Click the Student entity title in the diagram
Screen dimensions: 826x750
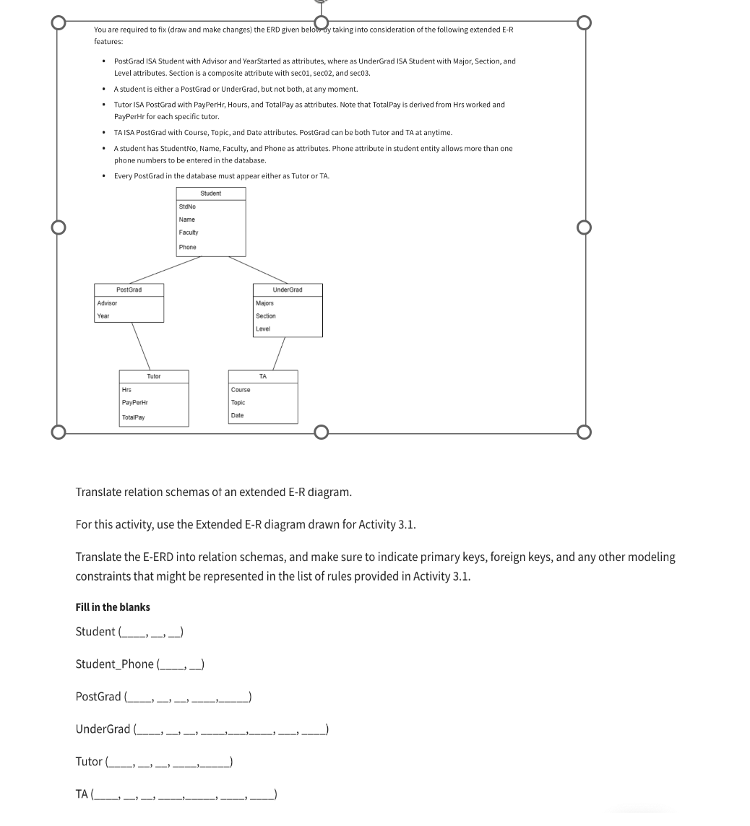tap(210, 194)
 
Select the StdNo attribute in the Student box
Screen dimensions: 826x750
tap(187, 207)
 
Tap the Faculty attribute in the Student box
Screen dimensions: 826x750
tap(188, 232)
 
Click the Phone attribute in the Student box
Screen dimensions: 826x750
tap(187, 247)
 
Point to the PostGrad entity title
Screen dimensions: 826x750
tap(129, 290)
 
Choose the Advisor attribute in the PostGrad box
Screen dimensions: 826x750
tap(107, 303)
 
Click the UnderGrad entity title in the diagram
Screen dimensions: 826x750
tap(288, 290)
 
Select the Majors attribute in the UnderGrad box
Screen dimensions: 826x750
tap(264, 303)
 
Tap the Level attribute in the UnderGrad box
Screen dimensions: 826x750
tap(263, 329)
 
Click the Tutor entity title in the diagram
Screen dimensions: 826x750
tap(154, 376)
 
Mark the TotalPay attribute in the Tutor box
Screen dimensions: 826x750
tap(133, 417)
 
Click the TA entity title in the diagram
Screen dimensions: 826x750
tap(263, 376)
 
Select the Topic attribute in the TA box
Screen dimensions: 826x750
tap(238, 402)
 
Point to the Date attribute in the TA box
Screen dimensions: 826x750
tap(237, 415)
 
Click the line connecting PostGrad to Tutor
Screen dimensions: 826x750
tap(141, 346)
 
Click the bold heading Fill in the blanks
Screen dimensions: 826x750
tap(113, 607)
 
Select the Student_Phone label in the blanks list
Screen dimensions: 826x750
tap(114, 664)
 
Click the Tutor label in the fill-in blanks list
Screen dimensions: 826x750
tap(89, 761)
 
